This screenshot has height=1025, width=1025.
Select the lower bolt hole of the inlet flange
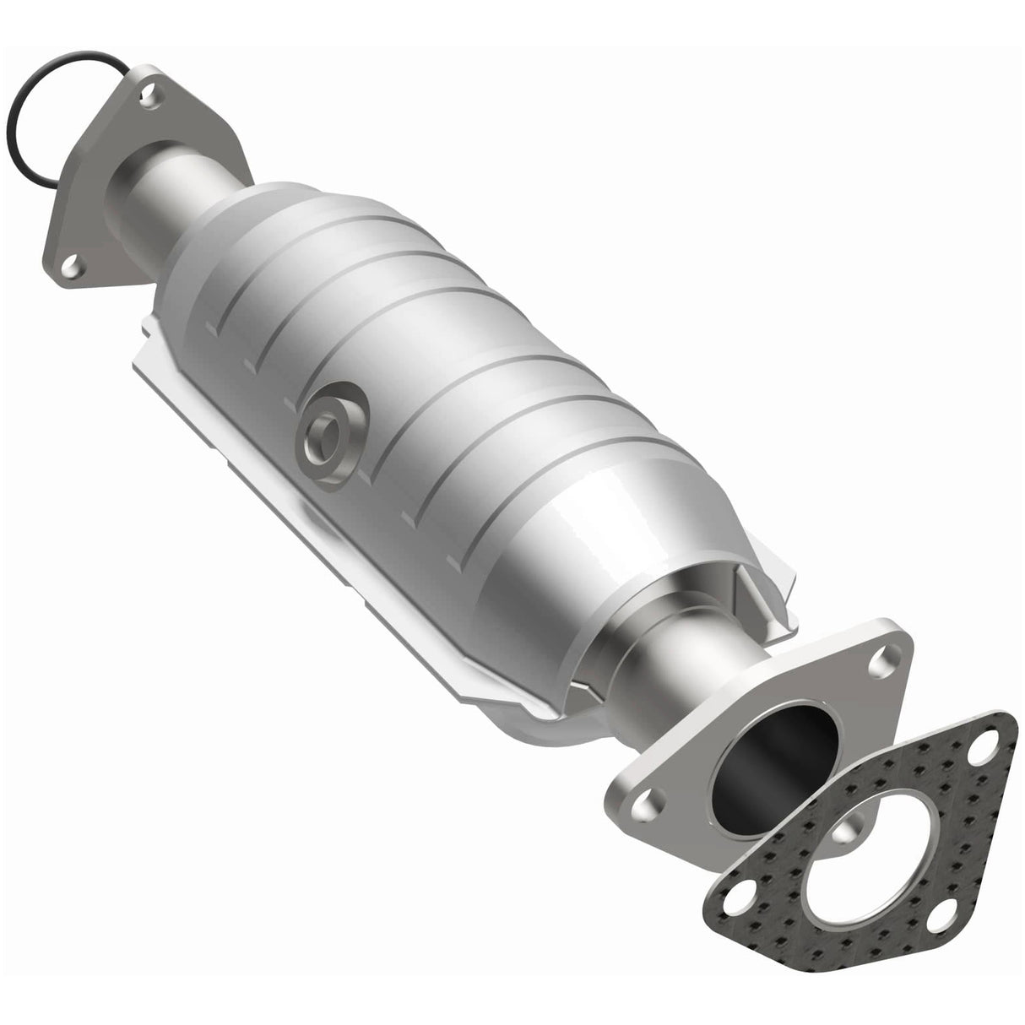(x=73, y=266)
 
